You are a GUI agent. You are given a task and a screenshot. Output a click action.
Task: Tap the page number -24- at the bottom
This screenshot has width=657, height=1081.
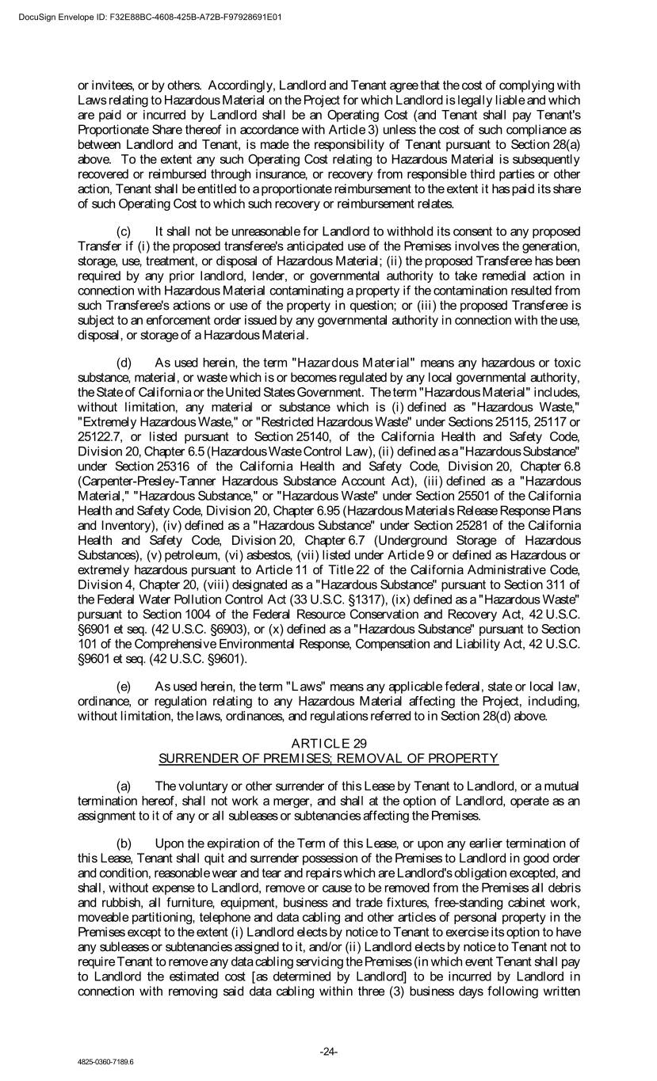pos(328,1052)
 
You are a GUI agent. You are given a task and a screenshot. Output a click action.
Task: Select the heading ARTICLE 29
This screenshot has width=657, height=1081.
pos(329,743)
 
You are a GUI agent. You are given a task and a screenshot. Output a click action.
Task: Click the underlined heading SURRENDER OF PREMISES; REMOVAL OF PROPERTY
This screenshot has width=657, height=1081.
pos(329,759)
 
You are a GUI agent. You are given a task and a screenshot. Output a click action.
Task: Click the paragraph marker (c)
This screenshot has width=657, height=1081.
pos(124,231)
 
